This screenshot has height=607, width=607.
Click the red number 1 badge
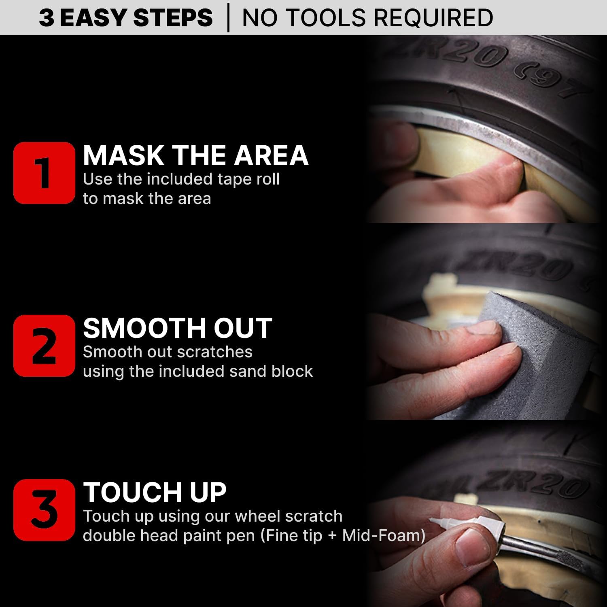[44, 173]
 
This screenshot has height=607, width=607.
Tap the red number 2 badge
[44, 346]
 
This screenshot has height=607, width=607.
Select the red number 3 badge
[44, 510]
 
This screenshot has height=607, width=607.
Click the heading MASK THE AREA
[195, 155]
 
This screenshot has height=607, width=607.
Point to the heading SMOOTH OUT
[177, 328]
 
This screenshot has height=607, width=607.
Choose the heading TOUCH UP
[155, 492]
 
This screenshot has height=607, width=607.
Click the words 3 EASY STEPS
[125, 18]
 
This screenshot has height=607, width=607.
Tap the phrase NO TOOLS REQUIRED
[367, 18]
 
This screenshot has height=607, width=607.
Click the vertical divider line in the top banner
[228, 18]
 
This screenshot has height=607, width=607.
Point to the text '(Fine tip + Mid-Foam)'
[343, 535]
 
